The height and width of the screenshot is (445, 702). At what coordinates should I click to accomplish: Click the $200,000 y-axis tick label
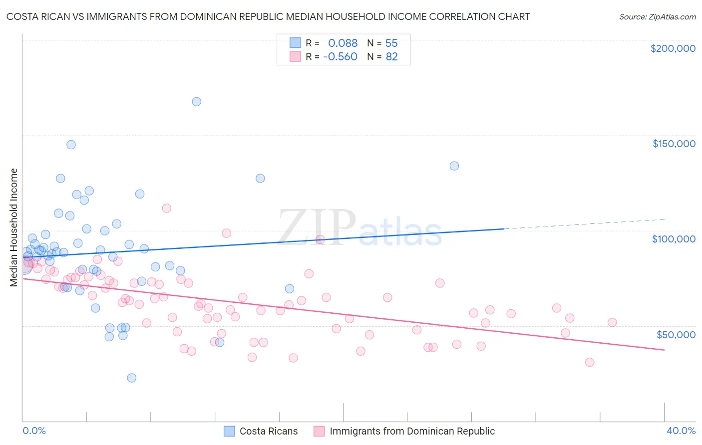point(673,48)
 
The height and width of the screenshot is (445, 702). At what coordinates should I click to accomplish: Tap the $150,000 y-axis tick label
point(674,144)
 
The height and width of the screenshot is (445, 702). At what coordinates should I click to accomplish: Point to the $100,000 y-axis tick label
point(674,239)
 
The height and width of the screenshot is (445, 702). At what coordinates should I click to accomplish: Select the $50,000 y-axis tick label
point(676,334)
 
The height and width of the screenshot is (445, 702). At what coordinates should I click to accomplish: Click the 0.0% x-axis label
point(34,431)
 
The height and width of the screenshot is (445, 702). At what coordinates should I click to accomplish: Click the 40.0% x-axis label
point(681,431)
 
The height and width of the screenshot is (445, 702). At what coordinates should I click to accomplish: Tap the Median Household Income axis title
point(14,227)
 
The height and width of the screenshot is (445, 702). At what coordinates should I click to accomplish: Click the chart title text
point(268,16)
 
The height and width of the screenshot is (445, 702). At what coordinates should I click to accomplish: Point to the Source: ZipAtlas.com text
point(657,16)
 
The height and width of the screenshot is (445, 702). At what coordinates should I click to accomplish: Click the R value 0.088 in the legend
point(343,43)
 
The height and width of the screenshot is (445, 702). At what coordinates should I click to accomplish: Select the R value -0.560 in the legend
point(340,57)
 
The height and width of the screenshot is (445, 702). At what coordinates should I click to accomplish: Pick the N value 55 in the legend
point(391,43)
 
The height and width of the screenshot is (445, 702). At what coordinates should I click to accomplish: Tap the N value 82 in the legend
point(391,57)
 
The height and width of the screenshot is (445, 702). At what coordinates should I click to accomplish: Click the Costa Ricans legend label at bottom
point(269,432)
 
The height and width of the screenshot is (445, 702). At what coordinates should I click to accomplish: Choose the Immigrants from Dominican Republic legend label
point(412,432)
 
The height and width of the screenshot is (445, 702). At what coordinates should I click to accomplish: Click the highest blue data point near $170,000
point(197,102)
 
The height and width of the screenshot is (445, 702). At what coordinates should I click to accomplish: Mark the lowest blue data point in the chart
point(132,378)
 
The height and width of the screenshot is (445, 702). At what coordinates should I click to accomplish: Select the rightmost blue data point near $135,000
point(454,166)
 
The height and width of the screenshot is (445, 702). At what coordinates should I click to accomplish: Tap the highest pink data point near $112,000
point(167,209)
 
